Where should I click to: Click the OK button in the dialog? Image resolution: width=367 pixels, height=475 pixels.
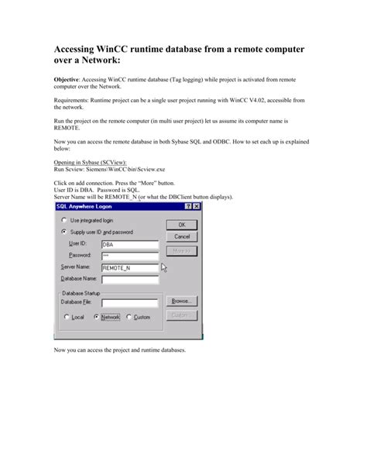click(181, 223)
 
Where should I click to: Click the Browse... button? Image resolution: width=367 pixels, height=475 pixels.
click(181, 300)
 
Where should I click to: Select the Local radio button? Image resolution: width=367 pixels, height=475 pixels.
click(66, 317)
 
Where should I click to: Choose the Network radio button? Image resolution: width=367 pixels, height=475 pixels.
click(97, 317)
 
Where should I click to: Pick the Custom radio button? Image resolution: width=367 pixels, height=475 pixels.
click(129, 317)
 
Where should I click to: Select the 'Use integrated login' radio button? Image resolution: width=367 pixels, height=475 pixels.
click(63, 220)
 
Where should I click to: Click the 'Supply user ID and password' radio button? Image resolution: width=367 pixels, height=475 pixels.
click(63, 231)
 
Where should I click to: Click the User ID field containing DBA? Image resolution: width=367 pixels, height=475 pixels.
click(129, 243)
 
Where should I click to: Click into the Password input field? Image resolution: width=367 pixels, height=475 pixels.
click(129, 254)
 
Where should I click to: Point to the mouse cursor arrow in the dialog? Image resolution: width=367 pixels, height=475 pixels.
click(163, 267)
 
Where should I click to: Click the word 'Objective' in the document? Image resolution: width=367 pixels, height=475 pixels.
click(70, 79)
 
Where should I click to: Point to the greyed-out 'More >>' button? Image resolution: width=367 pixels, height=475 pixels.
click(181, 250)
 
